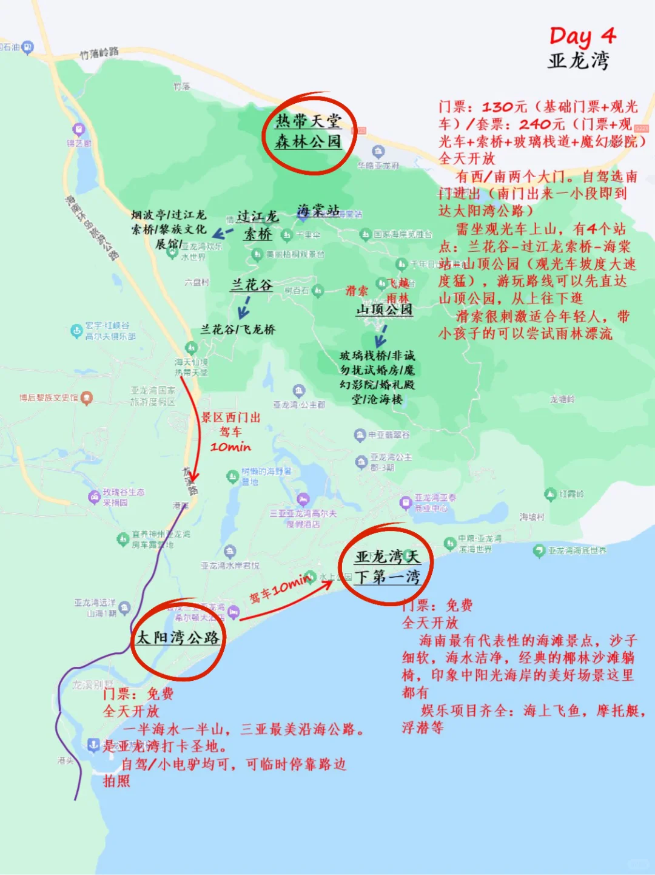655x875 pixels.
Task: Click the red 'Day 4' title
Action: (582, 36)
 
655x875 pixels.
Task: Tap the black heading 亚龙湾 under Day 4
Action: (578, 61)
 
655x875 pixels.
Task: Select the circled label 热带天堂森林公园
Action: (308, 132)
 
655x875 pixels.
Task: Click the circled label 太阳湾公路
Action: (178, 638)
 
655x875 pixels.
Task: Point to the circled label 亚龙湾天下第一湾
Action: (387, 567)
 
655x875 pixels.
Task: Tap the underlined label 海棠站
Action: (318, 211)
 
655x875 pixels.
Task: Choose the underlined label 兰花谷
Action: (251, 285)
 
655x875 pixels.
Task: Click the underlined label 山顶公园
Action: (385, 309)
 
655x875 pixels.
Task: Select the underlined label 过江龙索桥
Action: (258, 225)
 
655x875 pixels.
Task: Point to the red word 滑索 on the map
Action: (357, 291)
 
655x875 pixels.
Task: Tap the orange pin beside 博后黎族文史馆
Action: (87, 398)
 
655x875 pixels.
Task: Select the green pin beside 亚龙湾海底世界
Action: (539, 550)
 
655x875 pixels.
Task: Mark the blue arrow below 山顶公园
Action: (381, 336)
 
